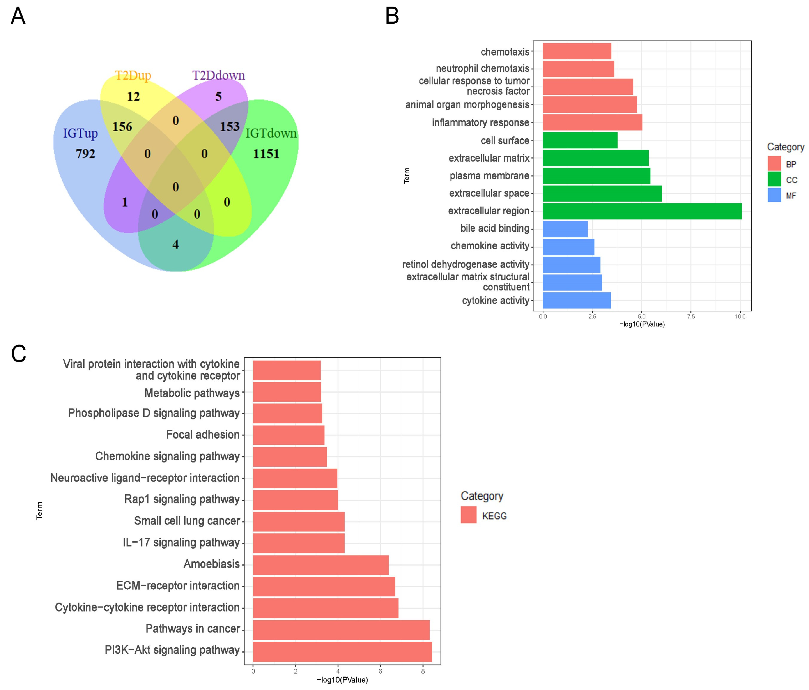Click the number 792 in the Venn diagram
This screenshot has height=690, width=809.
tap(85, 154)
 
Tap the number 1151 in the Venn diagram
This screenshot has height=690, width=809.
tap(266, 154)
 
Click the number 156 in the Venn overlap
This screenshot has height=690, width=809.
tap(122, 127)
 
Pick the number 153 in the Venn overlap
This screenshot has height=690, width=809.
tap(230, 127)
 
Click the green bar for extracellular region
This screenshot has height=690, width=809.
tap(642, 211)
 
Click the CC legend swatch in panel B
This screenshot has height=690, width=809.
tap(774, 179)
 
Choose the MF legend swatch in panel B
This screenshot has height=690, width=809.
tap(774, 195)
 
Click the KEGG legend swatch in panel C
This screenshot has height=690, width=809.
tap(469, 515)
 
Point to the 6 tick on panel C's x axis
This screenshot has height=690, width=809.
tap(380, 671)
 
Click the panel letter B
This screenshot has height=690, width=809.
tap(392, 16)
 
